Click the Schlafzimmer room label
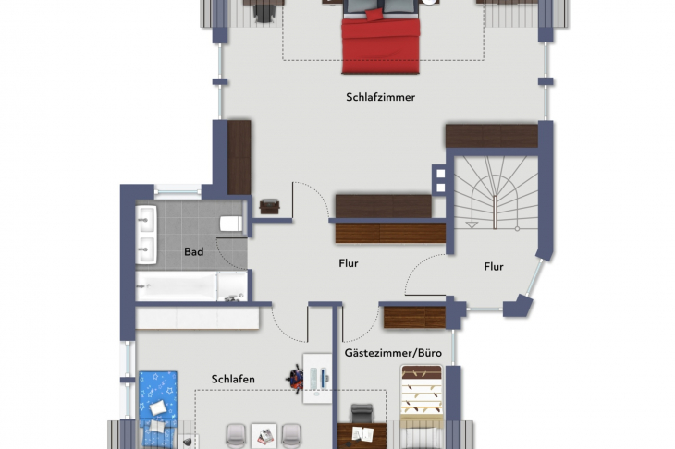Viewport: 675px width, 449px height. (380, 97)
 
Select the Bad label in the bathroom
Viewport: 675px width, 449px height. (193, 251)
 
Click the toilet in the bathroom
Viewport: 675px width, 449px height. (231, 224)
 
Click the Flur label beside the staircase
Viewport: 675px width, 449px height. (494, 267)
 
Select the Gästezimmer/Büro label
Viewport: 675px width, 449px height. (393, 354)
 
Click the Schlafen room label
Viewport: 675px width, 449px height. (233, 379)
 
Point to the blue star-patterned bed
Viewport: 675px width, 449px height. (159, 398)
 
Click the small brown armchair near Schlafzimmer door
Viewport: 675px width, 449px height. (269, 206)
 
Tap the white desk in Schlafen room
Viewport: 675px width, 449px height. (318, 377)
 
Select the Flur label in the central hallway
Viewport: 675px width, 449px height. (349, 263)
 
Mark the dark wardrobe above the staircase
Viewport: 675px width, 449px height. (491, 136)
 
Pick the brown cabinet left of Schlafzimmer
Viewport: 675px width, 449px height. (239, 157)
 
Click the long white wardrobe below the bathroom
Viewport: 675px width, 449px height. (197, 318)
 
